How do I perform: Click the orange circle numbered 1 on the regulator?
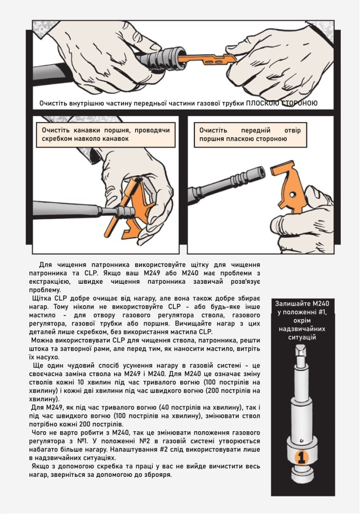(x=301, y=457)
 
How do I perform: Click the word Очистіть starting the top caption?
(x=54, y=103)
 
